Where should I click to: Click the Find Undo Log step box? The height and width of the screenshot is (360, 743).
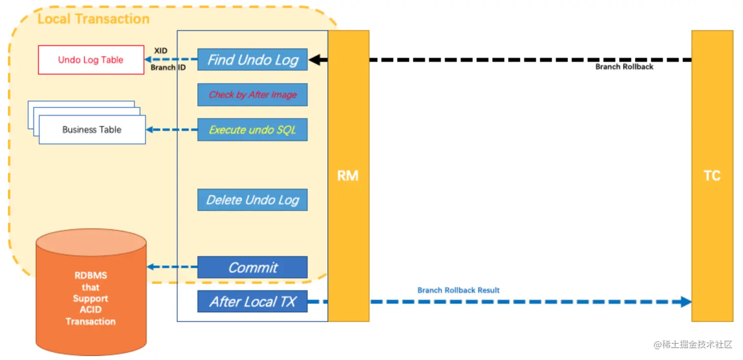tap(252, 60)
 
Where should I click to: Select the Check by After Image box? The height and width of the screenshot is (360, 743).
tap(252, 95)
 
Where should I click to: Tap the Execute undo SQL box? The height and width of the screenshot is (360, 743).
tap(252, 130)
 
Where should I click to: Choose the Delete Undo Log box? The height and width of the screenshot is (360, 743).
tap(252, 200)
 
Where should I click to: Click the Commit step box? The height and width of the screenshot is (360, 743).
tap(252, 267)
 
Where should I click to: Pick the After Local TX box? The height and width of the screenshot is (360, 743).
tap(252, 302)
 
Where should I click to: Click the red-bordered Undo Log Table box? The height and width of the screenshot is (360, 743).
tap(91, 60)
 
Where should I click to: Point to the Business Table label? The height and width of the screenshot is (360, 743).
tap(92, 130)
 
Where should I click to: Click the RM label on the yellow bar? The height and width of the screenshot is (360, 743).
tap(348, 176)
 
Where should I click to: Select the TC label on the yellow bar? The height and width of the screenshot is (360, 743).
tap(712, 176)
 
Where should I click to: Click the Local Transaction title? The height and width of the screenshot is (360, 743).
tap(93, 19)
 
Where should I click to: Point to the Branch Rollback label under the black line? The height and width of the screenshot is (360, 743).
tap(624, 67)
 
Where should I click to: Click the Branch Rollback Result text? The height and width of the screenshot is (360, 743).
tap(458, 290)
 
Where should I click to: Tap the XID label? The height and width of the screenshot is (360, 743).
tap(161, 51)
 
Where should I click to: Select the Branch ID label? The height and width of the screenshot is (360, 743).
tap(168, 67)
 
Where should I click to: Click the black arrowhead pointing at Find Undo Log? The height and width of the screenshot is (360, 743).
tap(315, 60)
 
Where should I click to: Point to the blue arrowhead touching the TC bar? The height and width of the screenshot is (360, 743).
tap(686, 302)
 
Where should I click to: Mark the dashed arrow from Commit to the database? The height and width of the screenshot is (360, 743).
tap(172, 267)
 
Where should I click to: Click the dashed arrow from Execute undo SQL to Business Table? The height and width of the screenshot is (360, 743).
tap(172, 130)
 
